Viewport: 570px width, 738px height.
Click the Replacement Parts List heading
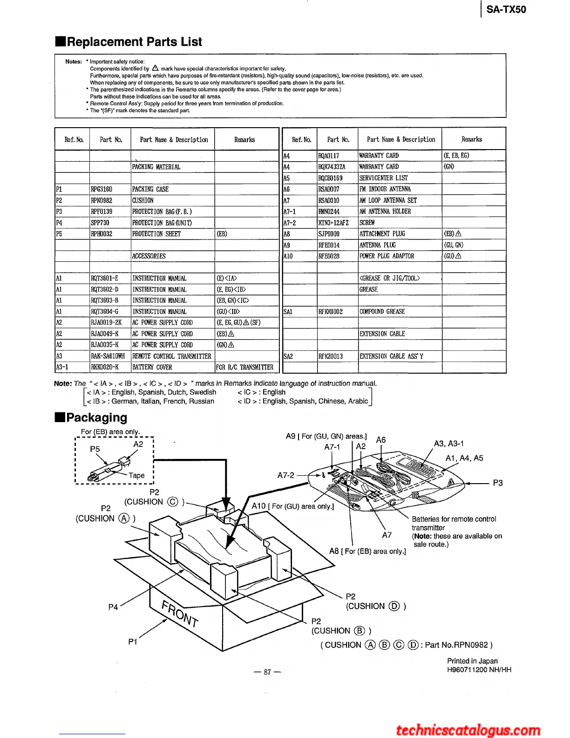134,42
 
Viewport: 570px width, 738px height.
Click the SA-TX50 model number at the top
506,9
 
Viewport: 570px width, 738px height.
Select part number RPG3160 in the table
102,189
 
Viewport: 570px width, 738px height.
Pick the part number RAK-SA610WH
108,356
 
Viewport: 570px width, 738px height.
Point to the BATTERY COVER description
152,367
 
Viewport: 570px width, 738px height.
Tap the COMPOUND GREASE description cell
382,312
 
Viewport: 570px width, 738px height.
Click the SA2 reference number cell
288,356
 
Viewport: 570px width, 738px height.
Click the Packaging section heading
96,417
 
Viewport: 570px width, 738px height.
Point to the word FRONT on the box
180,614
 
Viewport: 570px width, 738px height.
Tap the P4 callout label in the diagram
113,607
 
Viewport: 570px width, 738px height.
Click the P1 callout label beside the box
133,642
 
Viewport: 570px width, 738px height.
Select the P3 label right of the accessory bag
498,483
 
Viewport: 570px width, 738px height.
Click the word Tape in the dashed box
136,475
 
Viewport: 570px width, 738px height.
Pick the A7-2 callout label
286,475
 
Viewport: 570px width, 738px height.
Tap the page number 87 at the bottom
267,672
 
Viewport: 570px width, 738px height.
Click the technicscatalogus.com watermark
468,730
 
